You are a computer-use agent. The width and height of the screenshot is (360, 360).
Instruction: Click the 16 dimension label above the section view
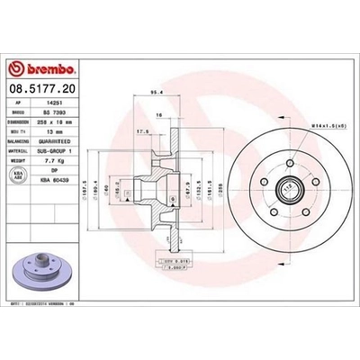pyautogui.click(x=159, y=115)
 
